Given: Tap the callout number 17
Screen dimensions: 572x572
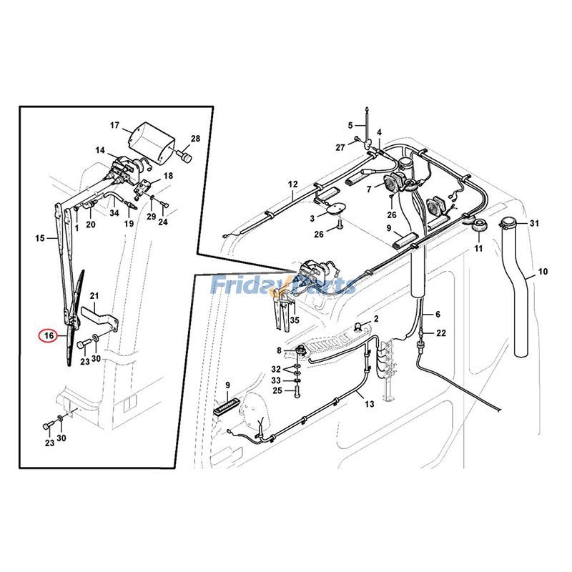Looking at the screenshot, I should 115,126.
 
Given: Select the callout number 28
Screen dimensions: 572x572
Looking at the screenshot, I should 195,139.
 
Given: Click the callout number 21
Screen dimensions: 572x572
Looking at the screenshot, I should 94,295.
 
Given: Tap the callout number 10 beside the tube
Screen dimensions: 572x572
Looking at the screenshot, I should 543,272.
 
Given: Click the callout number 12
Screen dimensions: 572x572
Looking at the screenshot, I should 292,184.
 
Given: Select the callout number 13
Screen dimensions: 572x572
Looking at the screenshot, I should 369,404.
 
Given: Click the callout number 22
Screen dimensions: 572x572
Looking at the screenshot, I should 441,333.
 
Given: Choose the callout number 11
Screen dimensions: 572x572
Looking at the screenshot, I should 479,248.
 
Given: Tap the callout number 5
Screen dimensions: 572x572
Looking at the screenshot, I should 351,125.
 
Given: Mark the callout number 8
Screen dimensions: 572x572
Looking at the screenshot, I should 280,350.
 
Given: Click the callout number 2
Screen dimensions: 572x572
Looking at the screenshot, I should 376,318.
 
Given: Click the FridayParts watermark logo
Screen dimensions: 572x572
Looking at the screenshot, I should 283,286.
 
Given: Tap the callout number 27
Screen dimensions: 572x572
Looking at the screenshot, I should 341,148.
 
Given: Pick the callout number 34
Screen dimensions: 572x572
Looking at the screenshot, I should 114,212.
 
